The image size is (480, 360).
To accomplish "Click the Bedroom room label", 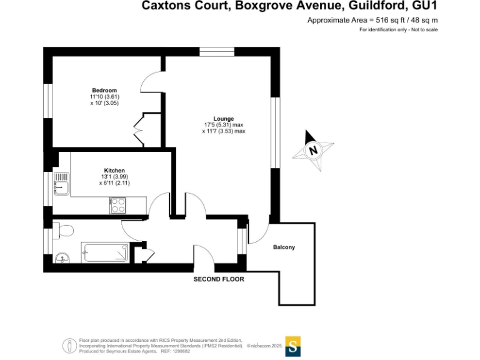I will [x=104, y=91].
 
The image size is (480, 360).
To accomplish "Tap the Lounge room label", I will [x=223, y=119].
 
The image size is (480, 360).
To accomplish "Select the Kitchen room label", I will [x=114, y=171].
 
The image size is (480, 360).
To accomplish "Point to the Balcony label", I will [x=284, y=247].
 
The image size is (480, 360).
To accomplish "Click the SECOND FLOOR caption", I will [x=219, y=279].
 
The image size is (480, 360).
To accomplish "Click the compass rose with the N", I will [x=314, y=150].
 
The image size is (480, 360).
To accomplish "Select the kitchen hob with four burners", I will [x=118, y=205].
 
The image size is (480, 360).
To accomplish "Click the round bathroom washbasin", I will [x=61, y=257].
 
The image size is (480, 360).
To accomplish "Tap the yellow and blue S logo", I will [x=293, y=346].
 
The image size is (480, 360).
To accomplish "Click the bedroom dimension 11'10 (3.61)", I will [x=104, y=97].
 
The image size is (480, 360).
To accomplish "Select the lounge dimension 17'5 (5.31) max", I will [x=223, y=125].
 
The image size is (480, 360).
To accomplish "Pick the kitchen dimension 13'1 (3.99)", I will [x=114, y=177].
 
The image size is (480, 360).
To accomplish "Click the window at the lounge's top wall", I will [x=216, y=52].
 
